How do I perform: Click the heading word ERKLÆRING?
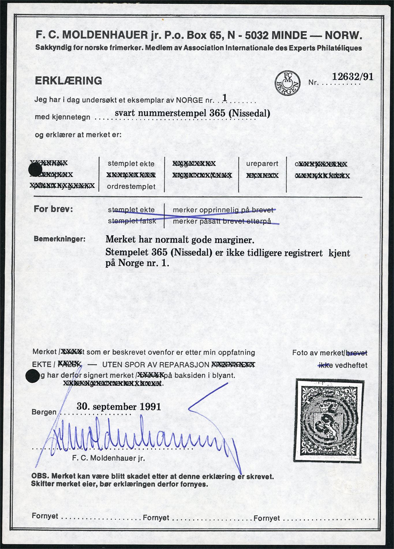pyautogui.click(x=68, y=81)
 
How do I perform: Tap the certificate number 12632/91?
pyautogui.click(x=353, y=77)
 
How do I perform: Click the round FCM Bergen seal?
pyautogui.click(x=287, y=83)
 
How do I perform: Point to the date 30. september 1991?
pyautogui.click(x=119, y=407)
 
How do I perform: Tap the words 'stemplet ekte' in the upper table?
pyautogui.click(x=131, y=164)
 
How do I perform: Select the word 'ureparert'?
pyautogui.click(x=262, y=164)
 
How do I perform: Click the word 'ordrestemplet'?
pyautogui.click(x=131, y=187)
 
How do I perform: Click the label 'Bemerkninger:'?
pyautogui.click(x=60, y=239)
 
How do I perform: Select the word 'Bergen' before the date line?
pyautogui.click(x=44, y=412)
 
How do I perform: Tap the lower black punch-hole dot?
pyautogui.click(x=32, y=377)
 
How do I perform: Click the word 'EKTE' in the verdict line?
pyautogui.click(x=41, y=365)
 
